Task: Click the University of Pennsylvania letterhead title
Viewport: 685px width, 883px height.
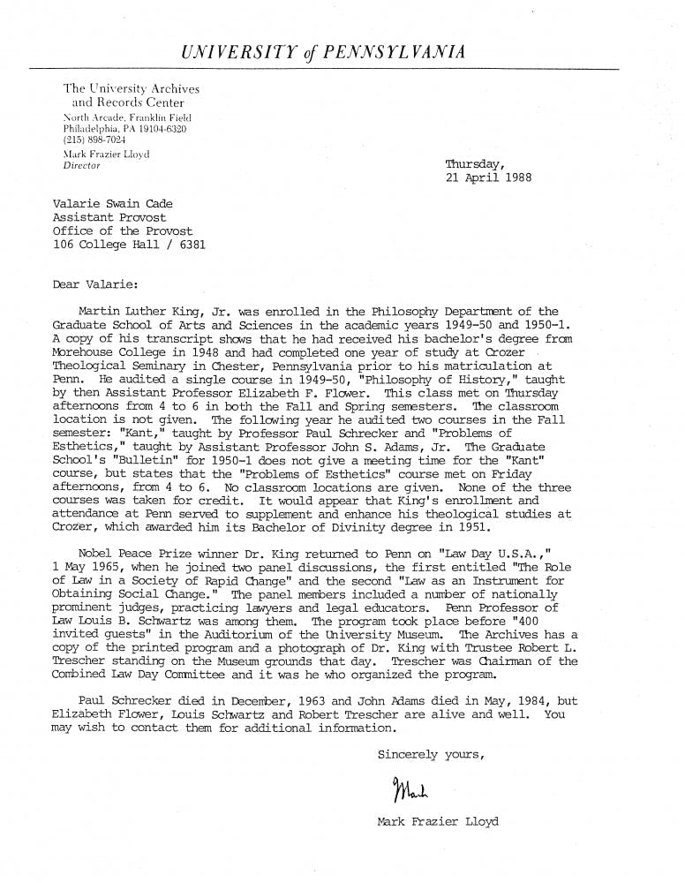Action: pyautogui.click(x=322, y=53)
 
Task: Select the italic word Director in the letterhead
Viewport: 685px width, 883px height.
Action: pyautogui.click(x=82, y=165)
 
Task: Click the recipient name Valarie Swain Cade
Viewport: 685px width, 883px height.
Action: pyautogui.click(x=112, y=204)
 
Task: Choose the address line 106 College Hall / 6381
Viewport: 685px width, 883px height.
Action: pyautogui.click(x=129, y=244)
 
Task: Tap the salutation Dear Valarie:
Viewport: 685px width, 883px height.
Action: pyautogui.click(x=95, y=284)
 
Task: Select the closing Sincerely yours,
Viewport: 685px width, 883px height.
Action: pyautogui.click(x=430, y=754)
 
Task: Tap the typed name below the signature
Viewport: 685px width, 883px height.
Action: pyautogui.click(x=437, y=821)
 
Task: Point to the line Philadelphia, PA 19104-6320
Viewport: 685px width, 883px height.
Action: pyautogui.click(x=124, y=129)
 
